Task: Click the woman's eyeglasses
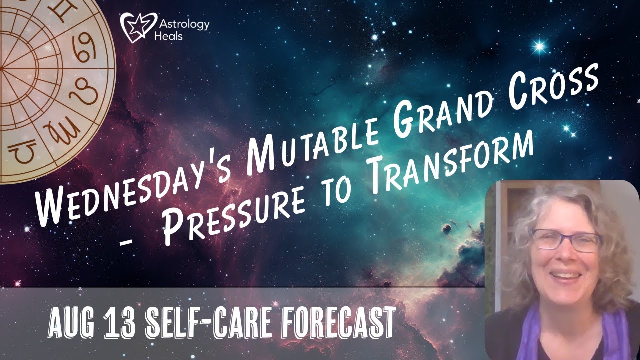coord(566,240)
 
